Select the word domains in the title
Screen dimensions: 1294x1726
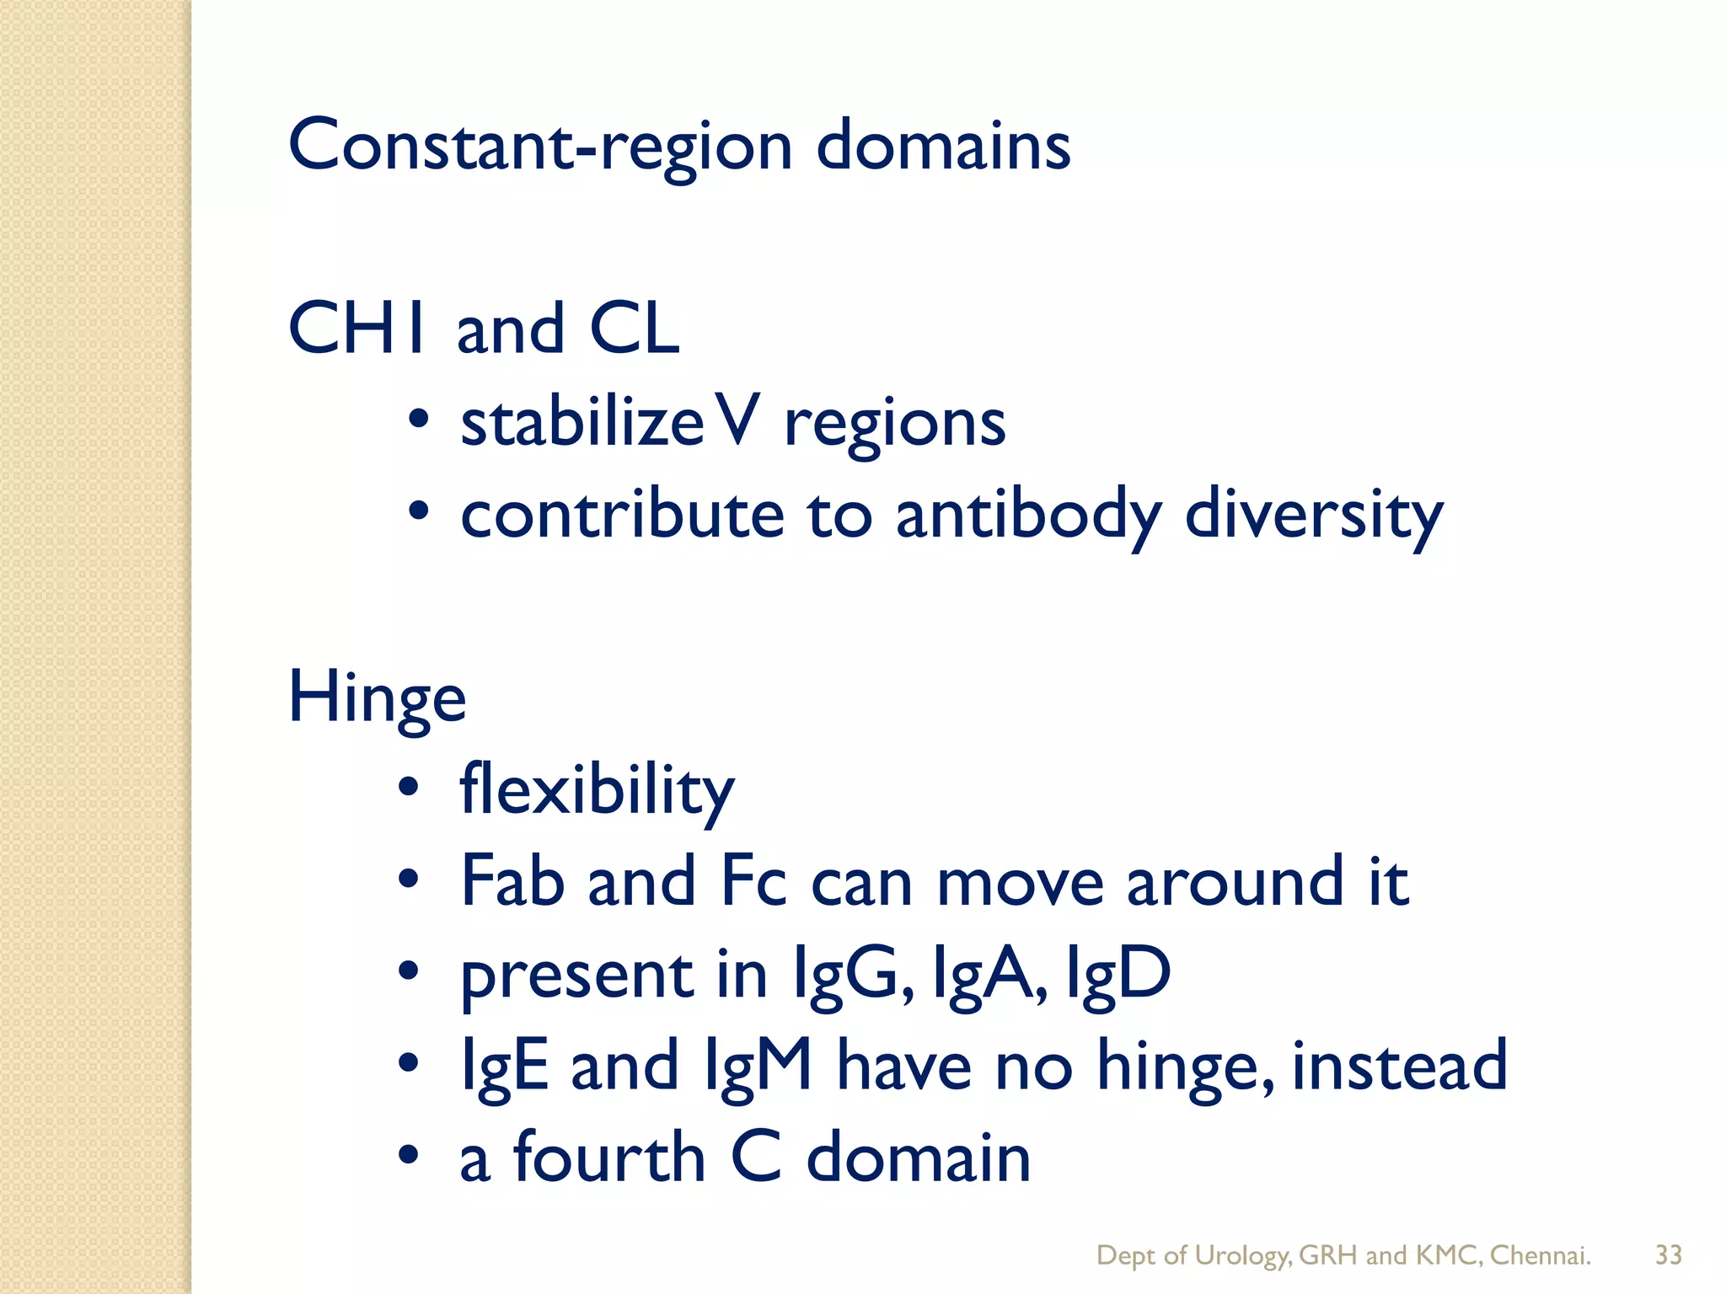click(x=943, y=146)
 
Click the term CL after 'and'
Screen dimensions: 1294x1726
click(x=634, y=329)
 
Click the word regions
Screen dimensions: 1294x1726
click(x=894, y=425)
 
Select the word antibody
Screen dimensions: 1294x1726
click(x=1028, y=516)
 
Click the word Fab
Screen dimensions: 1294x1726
click(x=512, y=881)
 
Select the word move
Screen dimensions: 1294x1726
click(x=1020, y=883)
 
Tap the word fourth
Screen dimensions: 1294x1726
click(x=608, y=1158)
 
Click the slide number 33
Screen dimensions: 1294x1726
click(x=1669, y=1255)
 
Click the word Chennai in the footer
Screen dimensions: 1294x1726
click(x=1540, y=1255)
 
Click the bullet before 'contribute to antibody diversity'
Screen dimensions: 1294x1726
click(x=419, y=511)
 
